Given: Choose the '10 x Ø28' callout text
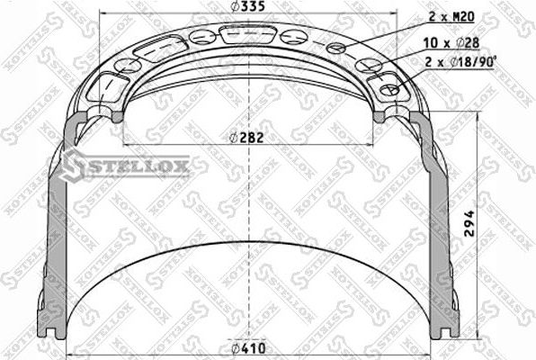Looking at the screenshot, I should tap(453, 42).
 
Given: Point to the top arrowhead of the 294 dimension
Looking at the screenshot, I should tap(478, 119).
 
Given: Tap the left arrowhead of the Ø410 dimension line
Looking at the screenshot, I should tap(69, 356).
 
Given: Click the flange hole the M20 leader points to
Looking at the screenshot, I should tap(335, 48).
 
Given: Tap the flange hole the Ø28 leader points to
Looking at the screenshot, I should tap(368, 64).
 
